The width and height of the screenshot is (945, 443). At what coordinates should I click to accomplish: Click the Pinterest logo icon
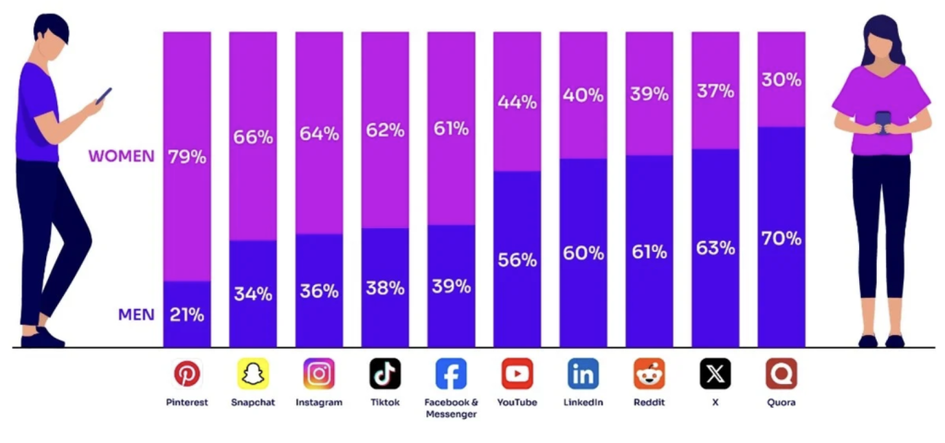point(187,374)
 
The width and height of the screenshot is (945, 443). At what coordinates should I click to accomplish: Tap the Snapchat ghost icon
point(253,374)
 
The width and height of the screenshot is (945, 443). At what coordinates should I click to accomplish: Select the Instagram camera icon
point(319,374)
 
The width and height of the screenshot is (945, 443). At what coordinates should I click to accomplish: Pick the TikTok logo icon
point(385,374)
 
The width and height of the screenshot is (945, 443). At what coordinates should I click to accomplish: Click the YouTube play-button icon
point(517,374)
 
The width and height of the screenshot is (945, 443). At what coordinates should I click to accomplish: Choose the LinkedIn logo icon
point(583,374)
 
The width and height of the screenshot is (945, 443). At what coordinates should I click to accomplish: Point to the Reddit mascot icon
point(649,374)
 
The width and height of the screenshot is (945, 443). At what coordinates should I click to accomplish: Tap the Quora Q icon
point(781,374)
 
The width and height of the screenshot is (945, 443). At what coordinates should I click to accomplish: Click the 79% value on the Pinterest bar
point(187,157)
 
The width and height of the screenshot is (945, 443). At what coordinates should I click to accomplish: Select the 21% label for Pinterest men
point(187,315)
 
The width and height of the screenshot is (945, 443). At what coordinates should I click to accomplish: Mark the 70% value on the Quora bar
point(781,238)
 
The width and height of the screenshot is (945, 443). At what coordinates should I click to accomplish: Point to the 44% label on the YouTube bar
point(517,102)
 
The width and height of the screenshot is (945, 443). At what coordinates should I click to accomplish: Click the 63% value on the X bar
point(715,247)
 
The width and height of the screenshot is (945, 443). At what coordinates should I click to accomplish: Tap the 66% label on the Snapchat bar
point(253,138)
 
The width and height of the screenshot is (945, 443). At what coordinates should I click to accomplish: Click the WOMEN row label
point(121,156)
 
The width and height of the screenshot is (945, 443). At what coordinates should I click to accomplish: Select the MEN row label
point(136,315)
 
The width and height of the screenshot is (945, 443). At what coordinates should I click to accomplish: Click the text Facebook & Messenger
point(451,408)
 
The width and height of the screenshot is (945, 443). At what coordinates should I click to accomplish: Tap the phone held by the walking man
point(103,94)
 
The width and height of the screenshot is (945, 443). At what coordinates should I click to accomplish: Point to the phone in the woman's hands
point(881,121)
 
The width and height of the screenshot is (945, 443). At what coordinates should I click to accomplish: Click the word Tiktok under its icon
point(385,402)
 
